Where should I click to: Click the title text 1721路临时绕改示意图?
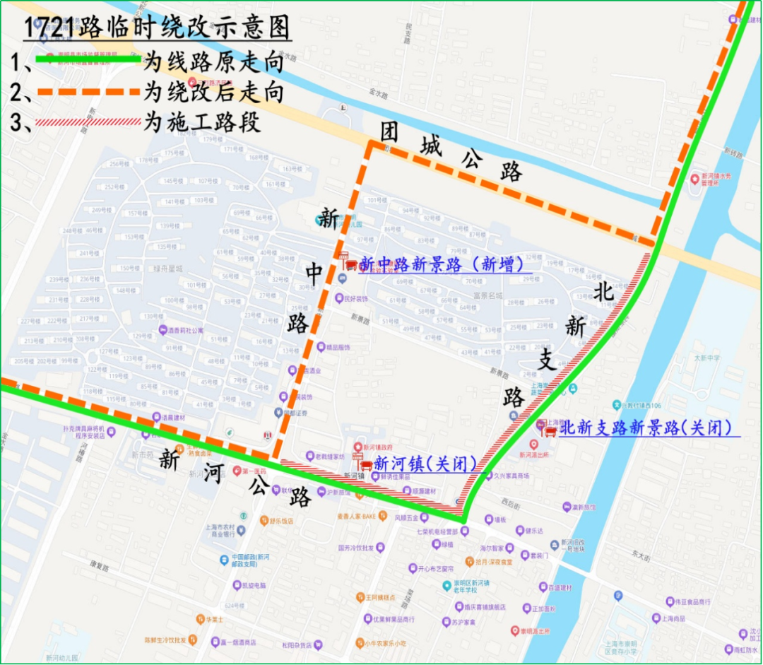(x=157, y=29)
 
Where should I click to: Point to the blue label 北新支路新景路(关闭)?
(x=644, y=428)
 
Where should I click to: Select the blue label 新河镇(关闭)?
(x=425, y=464)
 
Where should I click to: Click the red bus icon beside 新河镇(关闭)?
(x=367, y=466)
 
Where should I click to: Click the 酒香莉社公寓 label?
(x=185, y=330)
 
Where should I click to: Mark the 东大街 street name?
(x=641, y=555)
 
